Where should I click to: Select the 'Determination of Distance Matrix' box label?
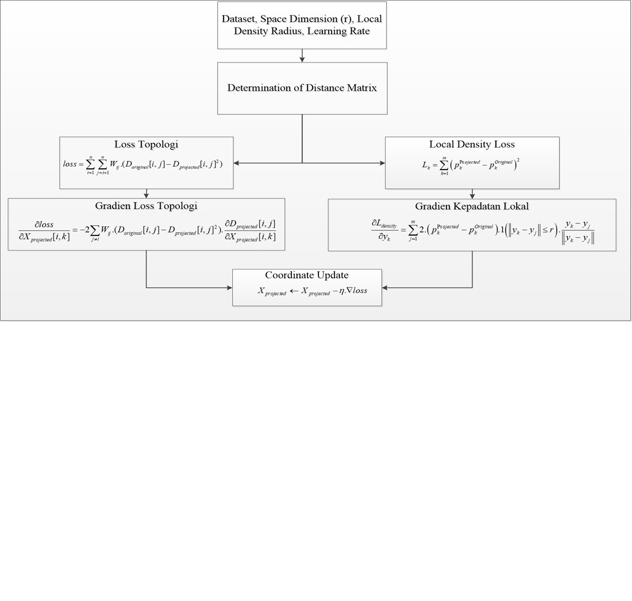pos(302,88)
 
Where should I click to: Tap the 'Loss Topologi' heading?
pos(146,144)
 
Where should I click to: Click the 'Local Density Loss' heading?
pos(472,144)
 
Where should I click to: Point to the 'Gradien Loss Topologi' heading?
pos(146,206)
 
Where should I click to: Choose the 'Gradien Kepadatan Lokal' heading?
pos(472,206)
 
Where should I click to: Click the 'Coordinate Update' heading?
pos(307,275)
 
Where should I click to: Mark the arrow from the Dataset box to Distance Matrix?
pos(302,56)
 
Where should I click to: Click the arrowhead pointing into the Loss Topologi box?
pos(237,163)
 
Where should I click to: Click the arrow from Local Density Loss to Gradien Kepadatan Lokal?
pos(472,194)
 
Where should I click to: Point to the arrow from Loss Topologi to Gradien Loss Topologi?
pos(147,194)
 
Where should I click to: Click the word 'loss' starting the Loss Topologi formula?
pos(70,164)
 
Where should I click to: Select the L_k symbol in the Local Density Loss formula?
pos(426,165)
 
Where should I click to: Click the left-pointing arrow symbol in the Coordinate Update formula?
pos(294,291)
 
